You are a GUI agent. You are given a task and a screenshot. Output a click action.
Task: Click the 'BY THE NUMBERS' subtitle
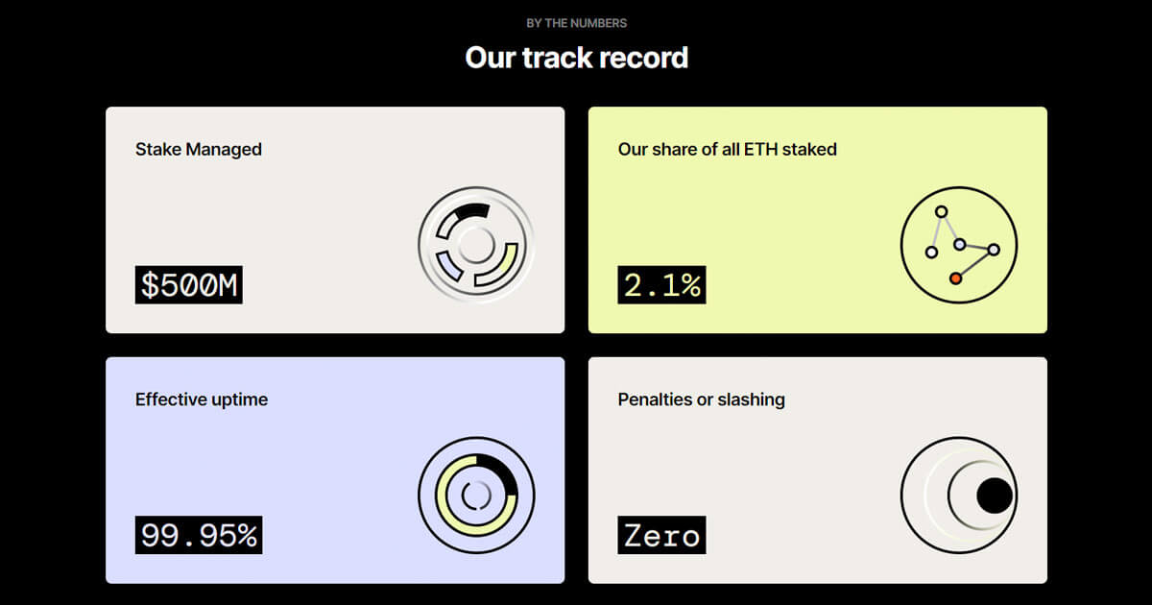click(577, 23)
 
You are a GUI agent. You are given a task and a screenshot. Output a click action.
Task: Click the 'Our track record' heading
click(577, 57)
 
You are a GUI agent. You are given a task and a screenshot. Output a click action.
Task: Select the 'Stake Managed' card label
click(199, 149)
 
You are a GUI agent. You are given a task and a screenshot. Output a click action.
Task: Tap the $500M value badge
click(189, 285)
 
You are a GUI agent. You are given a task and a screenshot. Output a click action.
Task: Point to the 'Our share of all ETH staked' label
click(728, 149)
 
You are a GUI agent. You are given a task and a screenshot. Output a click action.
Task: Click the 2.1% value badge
click(661, 285)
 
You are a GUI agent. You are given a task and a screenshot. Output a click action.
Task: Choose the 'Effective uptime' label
click(202, 399)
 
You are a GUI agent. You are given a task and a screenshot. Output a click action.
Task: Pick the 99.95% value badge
click(199, 535)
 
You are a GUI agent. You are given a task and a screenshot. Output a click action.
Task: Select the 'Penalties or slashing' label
click(702, 399)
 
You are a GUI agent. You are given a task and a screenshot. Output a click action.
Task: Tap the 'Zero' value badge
click(661, 535)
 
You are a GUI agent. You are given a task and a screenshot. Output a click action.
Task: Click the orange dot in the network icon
click(955, 278)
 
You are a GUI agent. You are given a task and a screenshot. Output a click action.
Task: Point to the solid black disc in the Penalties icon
click(995, 496)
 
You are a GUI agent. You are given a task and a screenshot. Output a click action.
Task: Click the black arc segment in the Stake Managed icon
click(472, 210)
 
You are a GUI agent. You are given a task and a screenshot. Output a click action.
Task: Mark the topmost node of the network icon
click(941, 211)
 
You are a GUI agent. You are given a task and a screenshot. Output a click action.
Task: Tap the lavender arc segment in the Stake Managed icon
click(448, 266)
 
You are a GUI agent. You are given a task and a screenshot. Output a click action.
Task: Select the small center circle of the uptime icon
click(477, 496)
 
